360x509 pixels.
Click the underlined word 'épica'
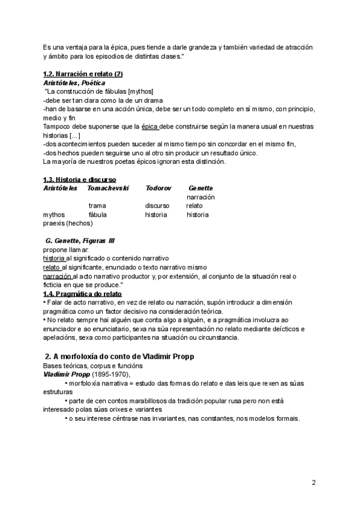coord(151,127)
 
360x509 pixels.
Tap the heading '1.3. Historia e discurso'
coord(80,179)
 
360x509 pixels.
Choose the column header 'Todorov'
coord(158,188)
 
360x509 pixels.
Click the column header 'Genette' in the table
coord(201,188)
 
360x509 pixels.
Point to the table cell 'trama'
coord(97,205)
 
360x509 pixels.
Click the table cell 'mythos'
coord(54,214)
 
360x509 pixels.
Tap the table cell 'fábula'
coord(98,214)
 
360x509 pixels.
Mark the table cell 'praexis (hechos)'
coord(68,223)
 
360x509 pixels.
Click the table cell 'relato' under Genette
coord(194,205)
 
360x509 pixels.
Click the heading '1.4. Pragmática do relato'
coord(82,294)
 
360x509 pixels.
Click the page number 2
coord(313,483)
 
